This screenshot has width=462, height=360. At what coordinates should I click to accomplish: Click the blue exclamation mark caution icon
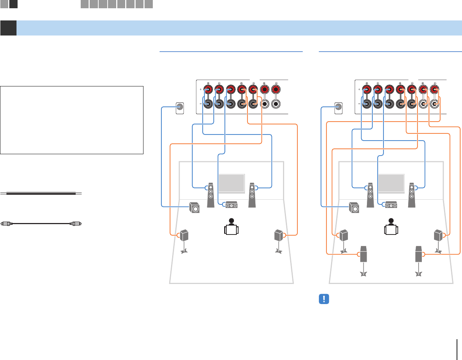point(324,299)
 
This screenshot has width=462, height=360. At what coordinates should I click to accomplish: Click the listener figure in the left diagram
point(232,227)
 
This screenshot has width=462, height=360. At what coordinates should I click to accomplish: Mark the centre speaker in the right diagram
point(391,205)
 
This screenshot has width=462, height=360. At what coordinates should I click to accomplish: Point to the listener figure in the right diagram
point(391,227)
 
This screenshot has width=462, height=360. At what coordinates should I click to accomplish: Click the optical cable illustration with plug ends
point(42,223)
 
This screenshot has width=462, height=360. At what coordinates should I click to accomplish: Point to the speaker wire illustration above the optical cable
point(42,193)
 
